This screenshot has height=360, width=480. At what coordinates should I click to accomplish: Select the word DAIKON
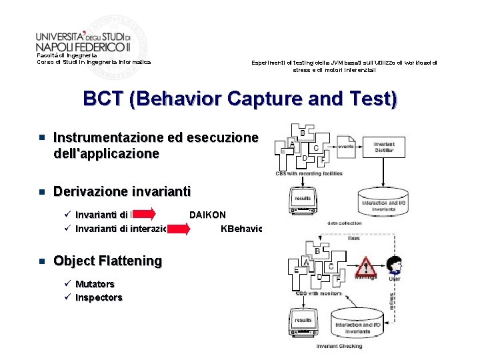point(207,215)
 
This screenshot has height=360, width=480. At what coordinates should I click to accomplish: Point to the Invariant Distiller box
point(384,147)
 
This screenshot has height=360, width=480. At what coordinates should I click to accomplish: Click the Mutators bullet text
point(95,283)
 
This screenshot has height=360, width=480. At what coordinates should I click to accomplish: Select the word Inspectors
point(99,297)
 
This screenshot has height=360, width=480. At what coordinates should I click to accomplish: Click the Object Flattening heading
point(107,261)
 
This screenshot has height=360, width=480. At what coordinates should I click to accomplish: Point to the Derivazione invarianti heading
point(121,191)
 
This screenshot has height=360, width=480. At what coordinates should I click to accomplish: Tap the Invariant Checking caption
point(339,346)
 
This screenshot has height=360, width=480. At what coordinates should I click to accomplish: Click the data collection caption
point(345,223)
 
